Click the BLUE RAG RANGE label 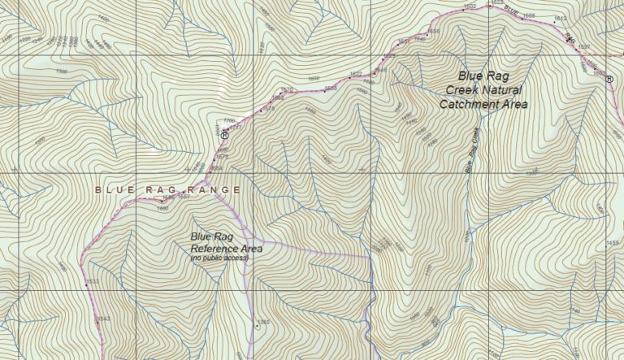[167, 189]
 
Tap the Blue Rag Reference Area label [219, 242]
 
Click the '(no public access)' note [219, 258]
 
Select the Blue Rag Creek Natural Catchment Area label [483, 90]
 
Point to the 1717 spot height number [236, 128]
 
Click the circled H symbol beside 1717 [225, 135]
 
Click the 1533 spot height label [93, 282]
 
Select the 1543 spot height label [103, 319]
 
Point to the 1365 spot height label [263, 323]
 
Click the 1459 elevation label [612, 243]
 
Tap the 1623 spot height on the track [496, 3]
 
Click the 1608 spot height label [529, 15]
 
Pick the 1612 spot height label [559, 19]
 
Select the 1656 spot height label [433, 32]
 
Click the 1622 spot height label [355, 74]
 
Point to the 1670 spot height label [286, 89]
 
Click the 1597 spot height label [583, 47]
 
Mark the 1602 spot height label [469, 7]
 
